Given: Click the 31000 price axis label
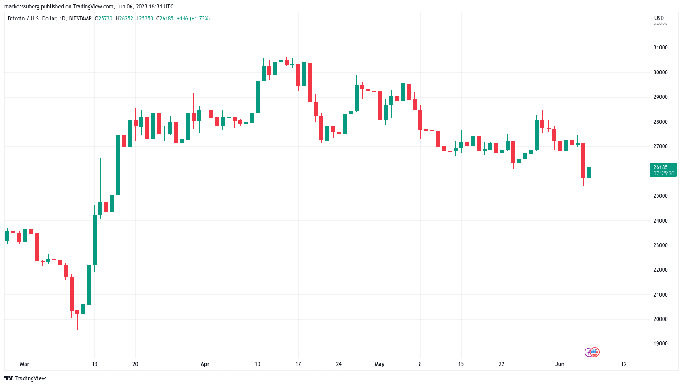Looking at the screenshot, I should [660, 48].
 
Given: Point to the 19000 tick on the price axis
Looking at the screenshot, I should [660, 344].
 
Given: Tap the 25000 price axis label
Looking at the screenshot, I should [660, 196].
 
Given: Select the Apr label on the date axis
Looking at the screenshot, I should [205, 364].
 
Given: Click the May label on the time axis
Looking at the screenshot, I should [380, 364].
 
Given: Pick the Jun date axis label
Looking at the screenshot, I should [560, 364].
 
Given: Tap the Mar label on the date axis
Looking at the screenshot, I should [25, 364].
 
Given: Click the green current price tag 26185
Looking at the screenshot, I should [660, 167].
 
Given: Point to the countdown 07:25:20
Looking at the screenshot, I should [663, 174].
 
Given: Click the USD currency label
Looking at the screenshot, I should [659, 18].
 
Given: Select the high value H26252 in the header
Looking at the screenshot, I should [124, 19].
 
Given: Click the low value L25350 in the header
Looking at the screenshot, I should [145, 19].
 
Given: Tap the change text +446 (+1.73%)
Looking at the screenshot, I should [193, 19].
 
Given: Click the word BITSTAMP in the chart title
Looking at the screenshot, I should [80, 19].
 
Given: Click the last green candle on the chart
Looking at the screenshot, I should [589, 172].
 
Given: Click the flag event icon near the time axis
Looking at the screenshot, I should [595, 353].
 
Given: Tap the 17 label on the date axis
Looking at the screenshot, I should [298, 364].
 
